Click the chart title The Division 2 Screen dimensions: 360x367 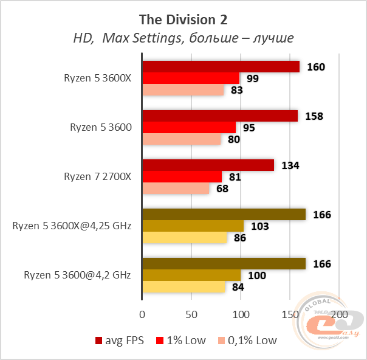tap(183, 19)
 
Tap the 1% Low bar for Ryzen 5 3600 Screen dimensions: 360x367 tap(189, 128)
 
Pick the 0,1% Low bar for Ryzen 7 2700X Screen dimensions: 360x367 tap(176, 189)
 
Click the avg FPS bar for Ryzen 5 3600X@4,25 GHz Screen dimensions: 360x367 tap(224, 214)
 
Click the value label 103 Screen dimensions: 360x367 tap(259, 226)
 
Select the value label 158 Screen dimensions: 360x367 tap(314, 116)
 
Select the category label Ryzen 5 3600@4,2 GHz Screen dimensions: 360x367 tap(77, 275)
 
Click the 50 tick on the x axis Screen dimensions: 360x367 tap(191, 314)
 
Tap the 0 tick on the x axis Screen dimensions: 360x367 tap(142, 314)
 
